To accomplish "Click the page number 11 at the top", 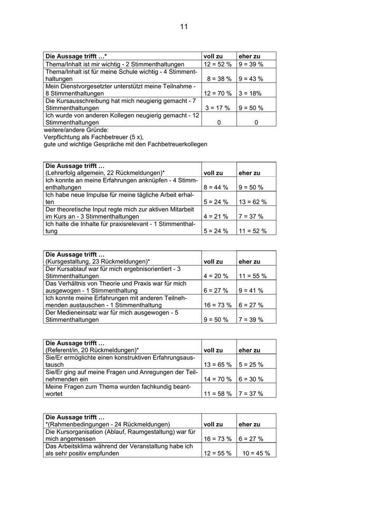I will pyautogui.click(x=183, y=26).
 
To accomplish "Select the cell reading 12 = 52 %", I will pyautogui.click(x=218, y=64).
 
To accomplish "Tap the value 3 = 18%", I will pyautogui.click(x=250, y=93).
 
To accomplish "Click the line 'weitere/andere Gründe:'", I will pyautogui.click(x=76, y=129).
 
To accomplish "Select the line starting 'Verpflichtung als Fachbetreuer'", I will pyautogui.click(x=94, y=136).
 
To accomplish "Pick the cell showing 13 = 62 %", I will pyautogui.click(x=252, y=202).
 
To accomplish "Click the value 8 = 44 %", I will pyautogui.click(x=216, y=187).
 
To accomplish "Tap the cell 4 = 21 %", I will pyautogui.click(x=216, y=216).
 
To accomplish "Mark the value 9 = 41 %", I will pyautogui.click(x=251, y=290).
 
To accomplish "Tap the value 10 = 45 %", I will pyautogui.click(x=256, y=453).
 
